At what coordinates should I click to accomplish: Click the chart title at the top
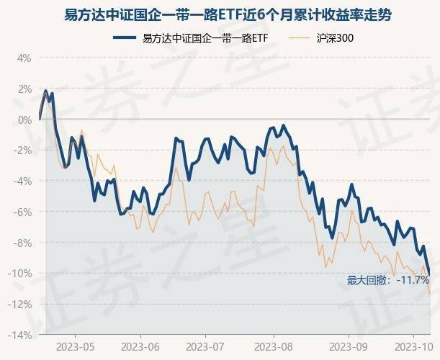(220, 14)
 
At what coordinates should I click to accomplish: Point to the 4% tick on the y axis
(24, 58)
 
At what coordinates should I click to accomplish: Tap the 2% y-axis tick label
(24, 89)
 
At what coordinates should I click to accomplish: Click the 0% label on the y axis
(24, 120)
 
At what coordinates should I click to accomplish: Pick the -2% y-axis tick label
(22, 150)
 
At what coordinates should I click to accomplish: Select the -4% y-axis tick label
(22, 181)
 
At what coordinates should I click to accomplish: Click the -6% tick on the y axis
(22, 212)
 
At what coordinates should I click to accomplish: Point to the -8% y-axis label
(22, 243)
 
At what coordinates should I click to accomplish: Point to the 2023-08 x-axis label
(274, 346)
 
